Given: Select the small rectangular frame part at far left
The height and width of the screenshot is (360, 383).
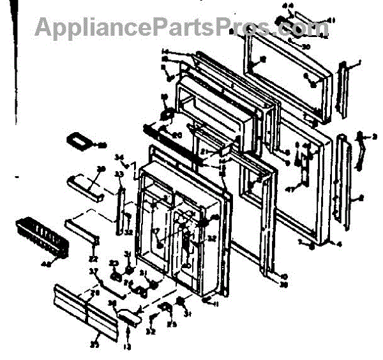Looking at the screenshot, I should (x=80, y=141).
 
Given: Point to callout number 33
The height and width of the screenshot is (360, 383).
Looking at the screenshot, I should (x=118, y=174).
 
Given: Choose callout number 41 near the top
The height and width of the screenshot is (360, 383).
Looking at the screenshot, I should (x=331, y=20).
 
